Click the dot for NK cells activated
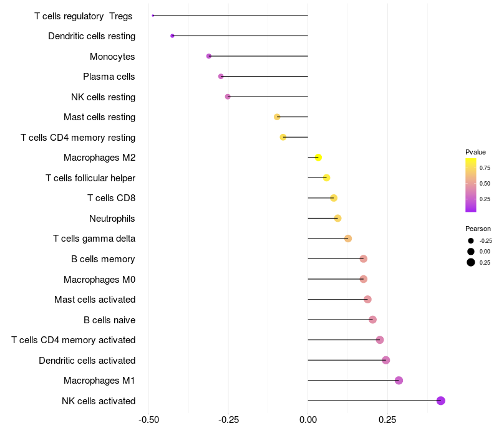pyautogui.click(x=441, y=400)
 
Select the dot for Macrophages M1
pyautogui.click(x=399, y=381)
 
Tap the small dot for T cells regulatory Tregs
pyautogui.click(x=153, y=16)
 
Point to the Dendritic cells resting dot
pyautogui.click(x=172, y=36)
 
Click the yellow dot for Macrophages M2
pyautogui.click(x=318, y=158)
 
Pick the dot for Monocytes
pyautogui.click(x=209, y=56)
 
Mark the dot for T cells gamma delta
pyautogui.click(x=348, y=239)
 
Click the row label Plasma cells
pyautogui.click(x=109, y=77)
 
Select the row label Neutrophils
pyautogui.click(x=112, y=219)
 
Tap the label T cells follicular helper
pyautogui.click(x=90, y=178)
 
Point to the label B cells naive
pyautogui.click(x=109, y=320)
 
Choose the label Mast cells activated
pyautogui.click(x=95, y=300)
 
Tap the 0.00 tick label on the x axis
pyautogui.click(x=308, y=420)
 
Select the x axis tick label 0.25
pyautogui.click(x=388, y=420)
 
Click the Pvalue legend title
pyautogui.click(x=475, y=152)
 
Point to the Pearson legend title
pyautogui.click(x=478, y=229)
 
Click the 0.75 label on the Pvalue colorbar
pyautogui.click(x=485, y=168)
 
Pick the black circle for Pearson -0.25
pyautogui.click(x=471, y=240)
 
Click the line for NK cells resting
pyautogui.click(x=268, y=97)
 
